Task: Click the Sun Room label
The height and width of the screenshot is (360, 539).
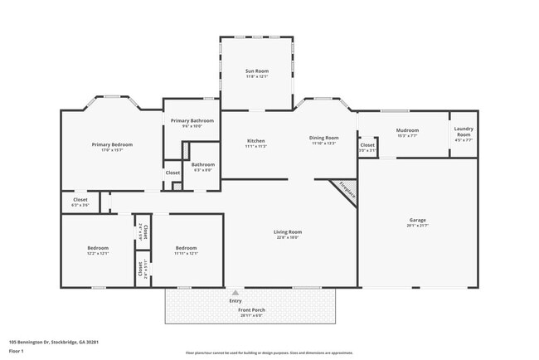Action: click(x=255, y=71)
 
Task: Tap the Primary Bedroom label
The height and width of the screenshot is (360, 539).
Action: click(x=112, y=144)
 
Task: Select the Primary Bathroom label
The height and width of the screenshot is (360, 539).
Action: click(x=192, y=121)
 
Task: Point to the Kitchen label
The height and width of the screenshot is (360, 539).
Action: click(x=255, y=141)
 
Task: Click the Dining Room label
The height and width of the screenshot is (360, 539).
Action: click(x=324, y=138)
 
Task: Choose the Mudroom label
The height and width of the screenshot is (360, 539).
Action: click(x=407, y=130)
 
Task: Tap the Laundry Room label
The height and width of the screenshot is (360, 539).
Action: click(x=464, y=134)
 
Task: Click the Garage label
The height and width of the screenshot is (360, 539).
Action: click(x=417, y=220)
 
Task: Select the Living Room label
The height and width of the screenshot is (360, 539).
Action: click(x=289, y=232)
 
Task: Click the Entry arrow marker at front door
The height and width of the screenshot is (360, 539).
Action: click(x=236, y=293)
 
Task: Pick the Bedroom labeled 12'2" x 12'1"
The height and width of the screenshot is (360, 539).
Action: click(x=98, y=248)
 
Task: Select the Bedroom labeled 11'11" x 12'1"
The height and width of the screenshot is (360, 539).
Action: click(x=186, y=248)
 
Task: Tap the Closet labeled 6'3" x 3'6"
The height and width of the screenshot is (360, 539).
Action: click(x=80, y=200)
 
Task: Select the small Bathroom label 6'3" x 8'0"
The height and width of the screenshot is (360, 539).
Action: click(x=203, y=164)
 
